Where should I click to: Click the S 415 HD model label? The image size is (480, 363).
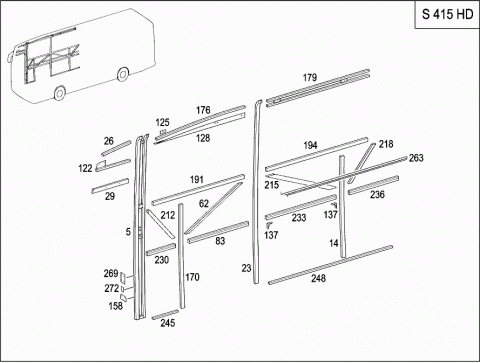click(447, 14)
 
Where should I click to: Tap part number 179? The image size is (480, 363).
click(310, 78)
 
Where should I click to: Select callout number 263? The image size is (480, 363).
click(416, 158)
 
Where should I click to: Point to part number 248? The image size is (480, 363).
click(318, 278)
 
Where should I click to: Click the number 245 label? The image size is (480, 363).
click(168, 323)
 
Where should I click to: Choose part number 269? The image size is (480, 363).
click(111, 273)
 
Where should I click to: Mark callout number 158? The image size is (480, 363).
click(116, 306)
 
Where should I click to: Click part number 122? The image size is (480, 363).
click(85, 168)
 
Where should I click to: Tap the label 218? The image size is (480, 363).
click(386, 144)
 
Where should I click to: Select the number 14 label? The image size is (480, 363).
click(334, 243)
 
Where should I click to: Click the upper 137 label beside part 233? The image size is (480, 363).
click(331, 214)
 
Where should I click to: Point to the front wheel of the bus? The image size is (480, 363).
click(60, 93)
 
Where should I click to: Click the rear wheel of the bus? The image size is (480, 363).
click(123, 74)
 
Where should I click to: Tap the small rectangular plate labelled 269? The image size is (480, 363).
click(123, 277)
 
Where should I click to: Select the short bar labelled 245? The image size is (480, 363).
click(165, 314)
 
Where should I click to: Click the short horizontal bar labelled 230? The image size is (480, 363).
click(161, 250)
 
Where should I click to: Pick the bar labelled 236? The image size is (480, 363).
click(374, 185)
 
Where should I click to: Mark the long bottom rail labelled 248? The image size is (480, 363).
click(331, 265)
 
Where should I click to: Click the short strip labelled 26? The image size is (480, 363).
click(116, 148)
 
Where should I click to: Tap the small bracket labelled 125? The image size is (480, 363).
click(163, 132)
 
